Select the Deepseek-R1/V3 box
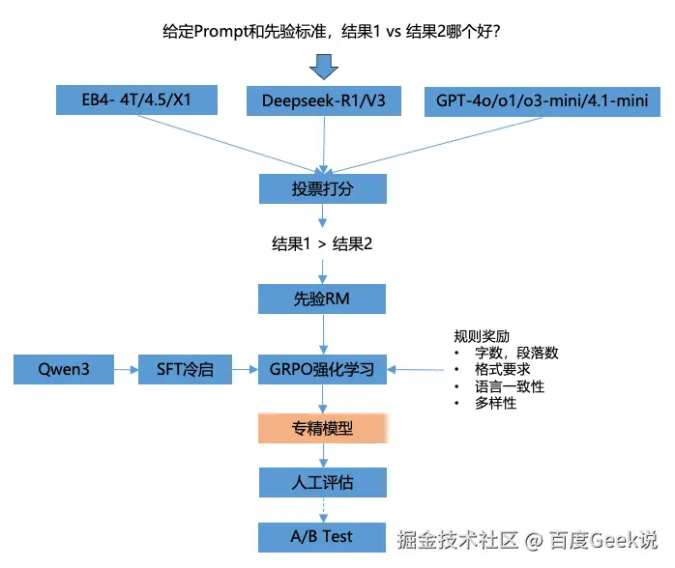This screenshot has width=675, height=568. click(323, 100)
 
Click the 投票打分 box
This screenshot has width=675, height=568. click(322, 188)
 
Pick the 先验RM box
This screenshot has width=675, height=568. click(322, 298)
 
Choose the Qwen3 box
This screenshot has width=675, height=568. click(64, 368)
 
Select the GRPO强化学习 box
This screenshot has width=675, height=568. click(322, 368)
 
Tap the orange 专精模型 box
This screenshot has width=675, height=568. click(322, 428)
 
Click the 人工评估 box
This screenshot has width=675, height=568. click(322, 482)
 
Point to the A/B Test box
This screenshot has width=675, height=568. click(322, 536)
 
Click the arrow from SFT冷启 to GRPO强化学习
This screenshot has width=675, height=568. click(246, 368)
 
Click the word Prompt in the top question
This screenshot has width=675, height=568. click(221, 32)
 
